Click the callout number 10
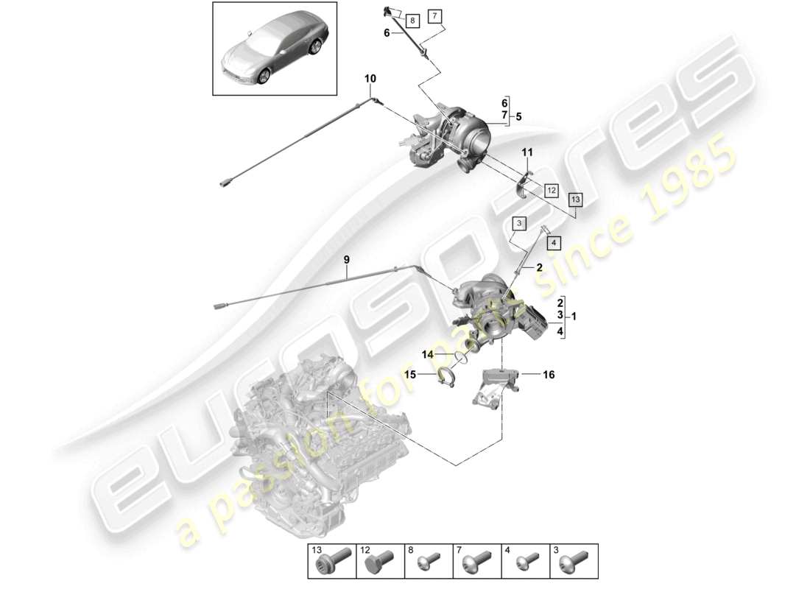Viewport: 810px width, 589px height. coord(370,78)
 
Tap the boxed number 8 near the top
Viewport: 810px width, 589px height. coord(411,21)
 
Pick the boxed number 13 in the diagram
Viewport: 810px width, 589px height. coord(574,199)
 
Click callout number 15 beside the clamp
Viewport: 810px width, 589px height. coord(411,375)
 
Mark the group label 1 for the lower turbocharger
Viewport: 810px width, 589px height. coord(574,317)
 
